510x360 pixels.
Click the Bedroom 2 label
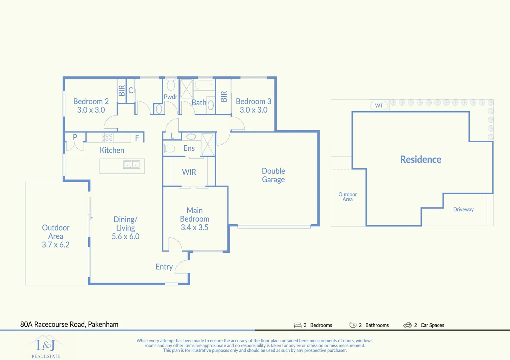tap(91, 101)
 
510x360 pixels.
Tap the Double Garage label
tap(273, 175)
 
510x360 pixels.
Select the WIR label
tap(189, 172)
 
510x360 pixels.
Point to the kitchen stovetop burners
tap(108, 137)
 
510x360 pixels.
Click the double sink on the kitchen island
tap(132, 164)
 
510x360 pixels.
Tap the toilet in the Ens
tap(169, 148)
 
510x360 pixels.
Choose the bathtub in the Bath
tap(204, 85)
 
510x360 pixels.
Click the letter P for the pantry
tap(75, 137)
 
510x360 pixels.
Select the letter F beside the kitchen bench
tap(137, 138)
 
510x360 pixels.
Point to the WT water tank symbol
tap(379, 106)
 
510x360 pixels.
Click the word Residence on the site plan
tap(421, 159)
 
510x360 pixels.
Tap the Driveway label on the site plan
tap(463, 209)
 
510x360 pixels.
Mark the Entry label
tap(164, 267)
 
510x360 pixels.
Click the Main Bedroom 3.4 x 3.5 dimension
tap(194, 227)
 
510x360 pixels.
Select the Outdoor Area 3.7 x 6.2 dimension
tap(56, 245)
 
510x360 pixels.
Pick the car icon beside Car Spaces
tap(407, 325)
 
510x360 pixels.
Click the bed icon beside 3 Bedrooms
tap(298, 325)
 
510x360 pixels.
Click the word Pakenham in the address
tap(103, 324)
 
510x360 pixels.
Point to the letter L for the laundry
tap(172, 136)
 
